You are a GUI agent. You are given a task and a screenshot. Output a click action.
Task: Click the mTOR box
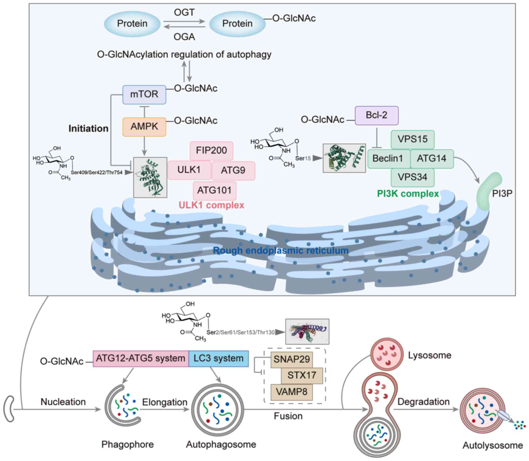tap(144, 94)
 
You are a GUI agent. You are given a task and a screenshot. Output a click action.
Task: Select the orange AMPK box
tap(144, 127)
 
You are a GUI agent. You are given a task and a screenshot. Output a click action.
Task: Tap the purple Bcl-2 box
tap(376, 115)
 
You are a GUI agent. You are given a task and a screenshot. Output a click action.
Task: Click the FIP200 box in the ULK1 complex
tap(211, 151)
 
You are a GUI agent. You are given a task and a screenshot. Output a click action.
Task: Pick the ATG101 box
tap(214, 190)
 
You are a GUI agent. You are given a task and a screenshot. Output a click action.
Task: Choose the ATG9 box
tap(233, 170)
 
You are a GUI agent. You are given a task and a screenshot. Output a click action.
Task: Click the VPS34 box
tap(413, 177)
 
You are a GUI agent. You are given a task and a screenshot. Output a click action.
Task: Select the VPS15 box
tap(413, 139)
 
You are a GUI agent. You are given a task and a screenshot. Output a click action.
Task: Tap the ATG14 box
tap(432, 158)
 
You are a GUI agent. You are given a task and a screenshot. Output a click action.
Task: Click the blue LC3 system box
tap(218, 358)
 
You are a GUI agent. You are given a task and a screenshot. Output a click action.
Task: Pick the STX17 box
tap(302, 375)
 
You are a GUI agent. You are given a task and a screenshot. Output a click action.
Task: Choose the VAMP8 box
tap(291, 392)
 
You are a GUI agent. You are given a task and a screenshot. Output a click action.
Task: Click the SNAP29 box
tap(291, 359)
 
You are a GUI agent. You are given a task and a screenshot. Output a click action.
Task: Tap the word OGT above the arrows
tap(184, 12)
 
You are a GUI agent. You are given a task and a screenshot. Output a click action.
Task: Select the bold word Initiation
tap(88, 129)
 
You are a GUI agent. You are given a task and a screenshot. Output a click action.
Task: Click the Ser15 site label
tap(303, 158)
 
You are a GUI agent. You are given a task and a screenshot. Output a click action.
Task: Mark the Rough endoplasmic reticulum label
tap(281, 251)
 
